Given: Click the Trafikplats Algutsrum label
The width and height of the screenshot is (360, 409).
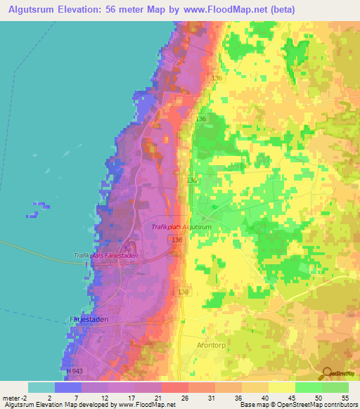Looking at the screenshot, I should pyautogui.click(x=181, y=227).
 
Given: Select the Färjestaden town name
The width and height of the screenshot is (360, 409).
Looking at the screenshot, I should pyautogui.click(x=86, y=318).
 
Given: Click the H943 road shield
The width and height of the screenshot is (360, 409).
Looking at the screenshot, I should pyautogui.click(x=73, y=370).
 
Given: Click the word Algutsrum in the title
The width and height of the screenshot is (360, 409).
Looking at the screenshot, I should pyautogui.click(x=35, y=8).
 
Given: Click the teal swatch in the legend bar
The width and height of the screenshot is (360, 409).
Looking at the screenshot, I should pyautogui.click(x=41, y=387).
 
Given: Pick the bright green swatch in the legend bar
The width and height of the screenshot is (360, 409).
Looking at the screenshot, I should pyautogui.click(x=308, y=387).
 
